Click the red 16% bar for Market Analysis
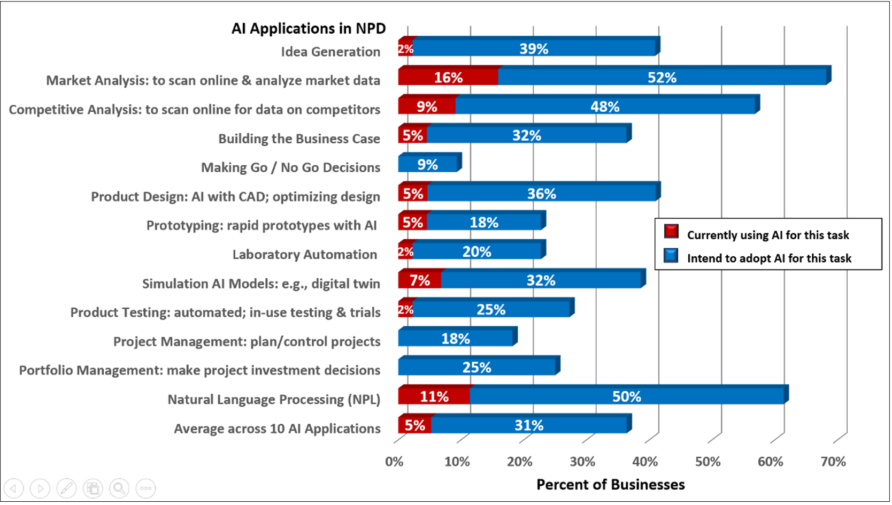click(x=448, y=77)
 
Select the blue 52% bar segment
click(x=662, y=77)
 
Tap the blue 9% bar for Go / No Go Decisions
click(x=428, y=164)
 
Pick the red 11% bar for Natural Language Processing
click(x=434, y=396)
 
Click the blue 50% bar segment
click(x=627, y=396)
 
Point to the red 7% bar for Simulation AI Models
click(x=420, y=280)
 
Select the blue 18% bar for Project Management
click(x=456, y=338)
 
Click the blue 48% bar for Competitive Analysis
click(x=605, y=106)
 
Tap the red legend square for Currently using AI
click(x=671, y=232)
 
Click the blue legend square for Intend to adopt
click(x=671, y=256)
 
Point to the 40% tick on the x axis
click(x=645, y=462)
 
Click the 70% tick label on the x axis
click(x=833, y=462)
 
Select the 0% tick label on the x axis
click(x=395, y=462)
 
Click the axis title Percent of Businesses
click(x=610, y=485)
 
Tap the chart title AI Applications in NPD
click(x=309, y=28)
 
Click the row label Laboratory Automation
click(x=305, y=255)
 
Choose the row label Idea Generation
click(x=330, y=52)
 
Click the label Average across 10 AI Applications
click(x=277, y=429)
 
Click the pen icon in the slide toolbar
click(x=66, y=488)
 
